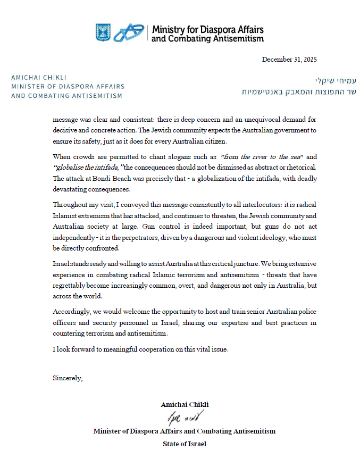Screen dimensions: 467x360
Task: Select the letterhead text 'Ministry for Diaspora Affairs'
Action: [x=207, y=30]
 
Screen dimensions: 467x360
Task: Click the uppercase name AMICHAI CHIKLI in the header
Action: [x=39, y=77]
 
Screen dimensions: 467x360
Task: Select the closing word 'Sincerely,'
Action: [x=68, y=378]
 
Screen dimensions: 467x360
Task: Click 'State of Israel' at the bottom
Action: [x=184, y=443]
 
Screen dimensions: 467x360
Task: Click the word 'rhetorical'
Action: [x=302, y=168]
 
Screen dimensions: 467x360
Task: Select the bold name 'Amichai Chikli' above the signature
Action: [x=184, y=405]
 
